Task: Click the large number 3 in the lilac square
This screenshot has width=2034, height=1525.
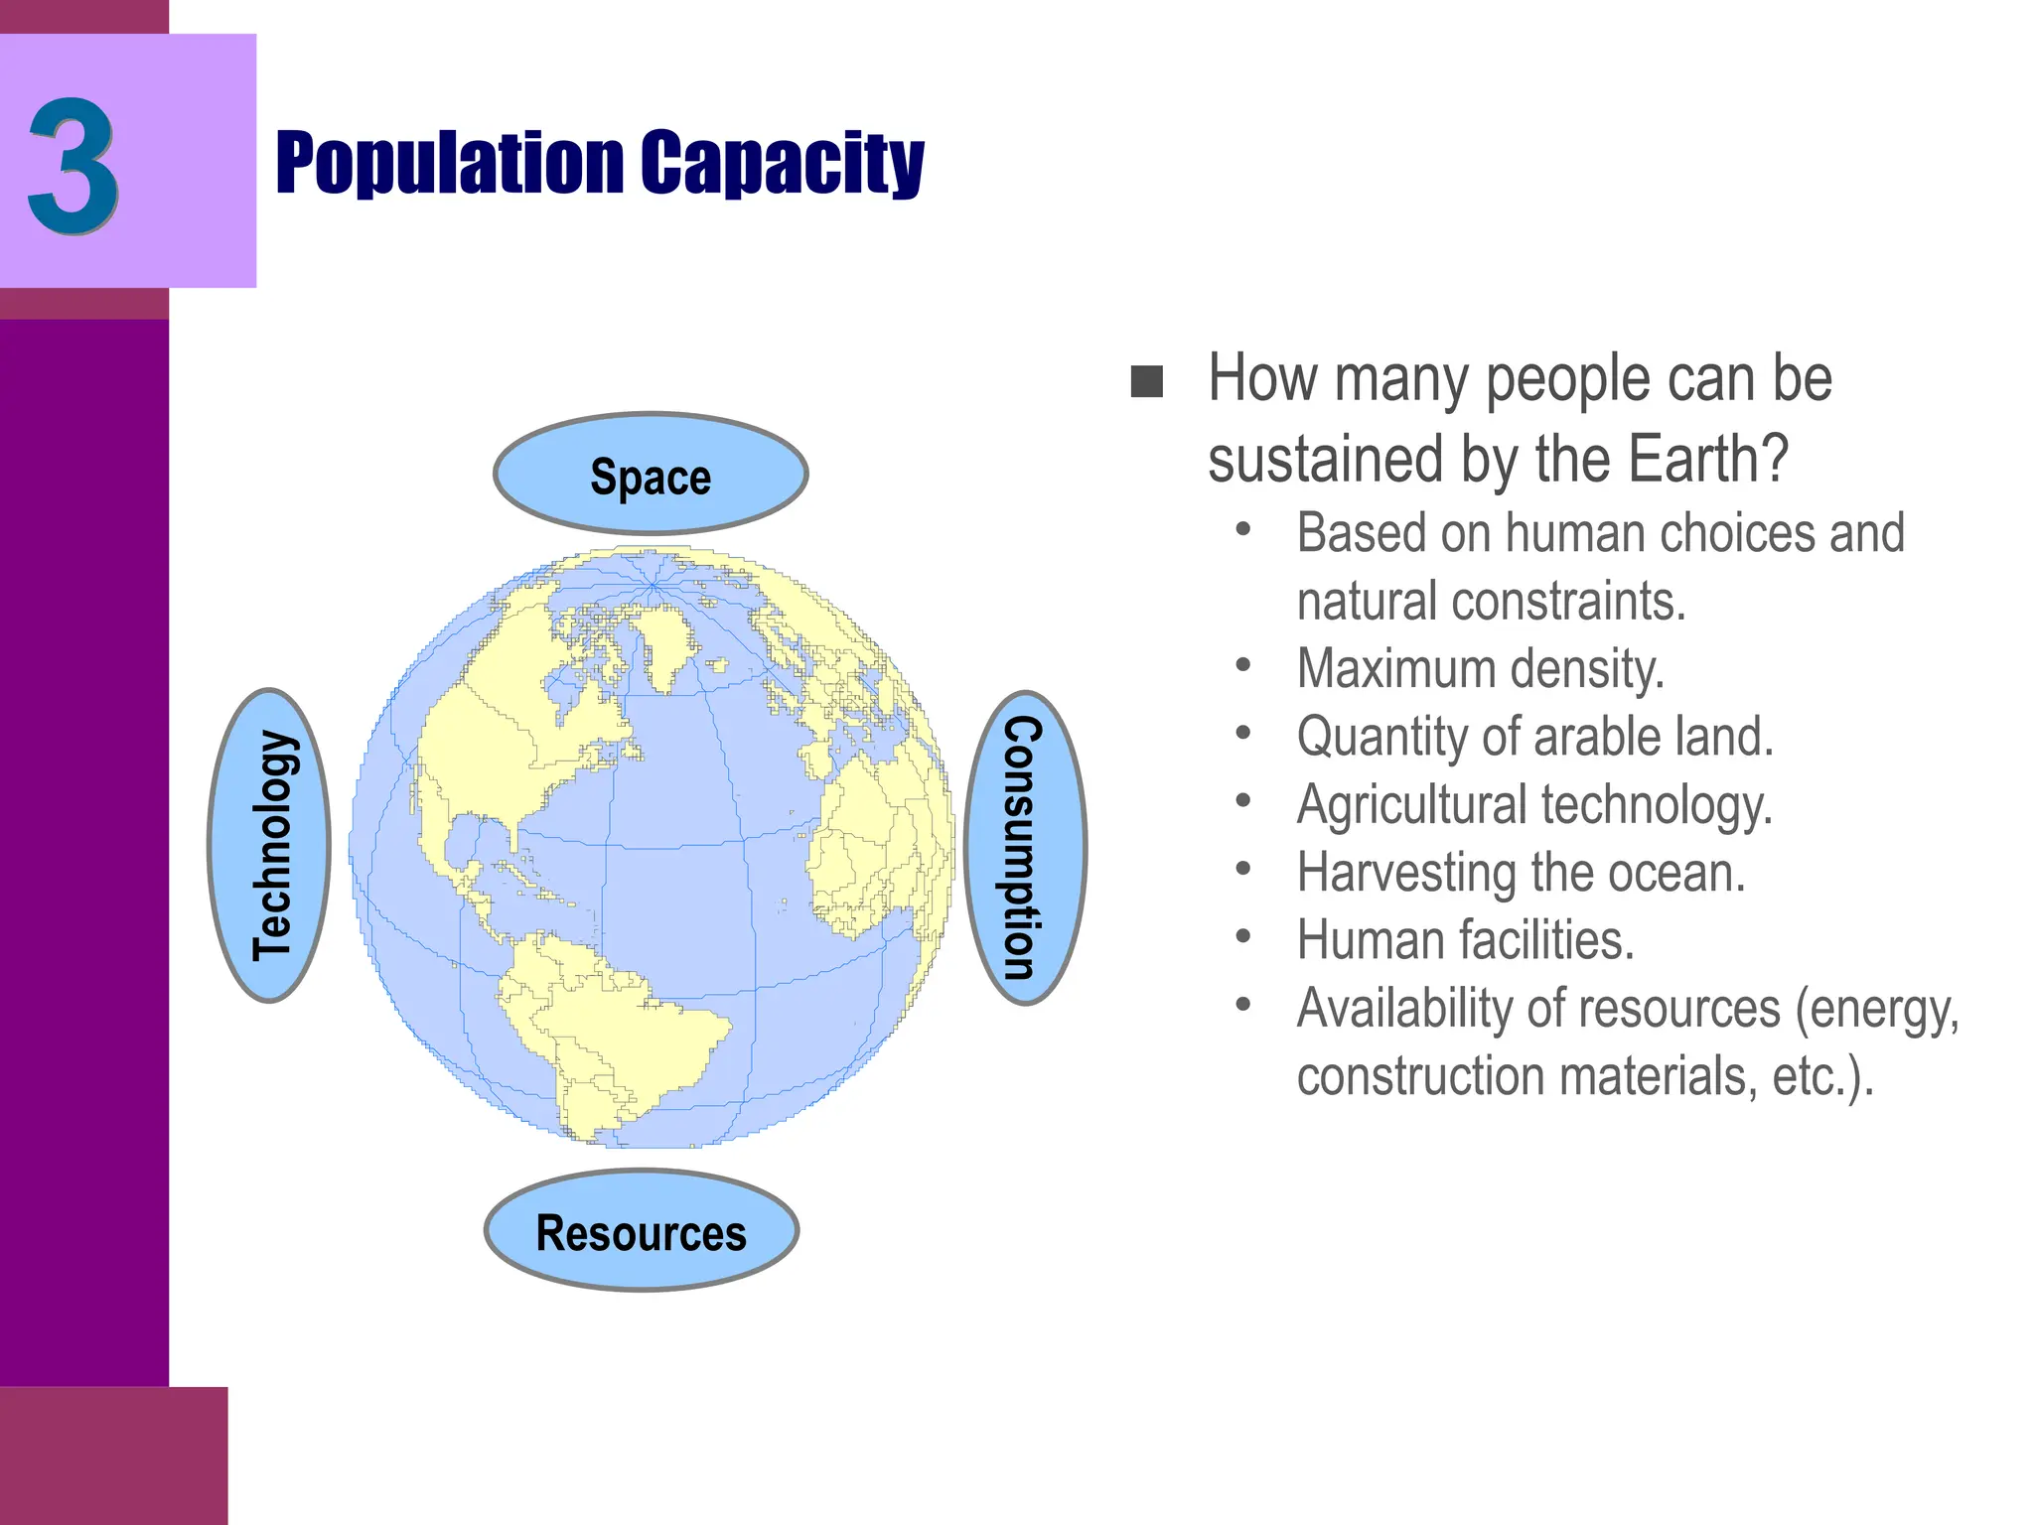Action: point(73,167)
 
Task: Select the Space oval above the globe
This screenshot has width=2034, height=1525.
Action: point(651,476)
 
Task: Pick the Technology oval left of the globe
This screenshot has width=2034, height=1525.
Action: point(269,845)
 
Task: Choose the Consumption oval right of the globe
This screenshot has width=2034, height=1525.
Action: point(1025,848)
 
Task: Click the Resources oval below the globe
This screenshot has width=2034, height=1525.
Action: point(642,1232)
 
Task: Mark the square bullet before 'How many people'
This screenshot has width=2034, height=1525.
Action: point(1147,382)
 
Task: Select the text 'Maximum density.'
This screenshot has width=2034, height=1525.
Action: point(1480,668)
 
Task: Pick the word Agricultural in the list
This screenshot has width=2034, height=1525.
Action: point(1411,804)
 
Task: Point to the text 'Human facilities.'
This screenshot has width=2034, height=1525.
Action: point(1465,940)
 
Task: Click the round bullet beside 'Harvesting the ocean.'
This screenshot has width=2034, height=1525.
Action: point(1243,870)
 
